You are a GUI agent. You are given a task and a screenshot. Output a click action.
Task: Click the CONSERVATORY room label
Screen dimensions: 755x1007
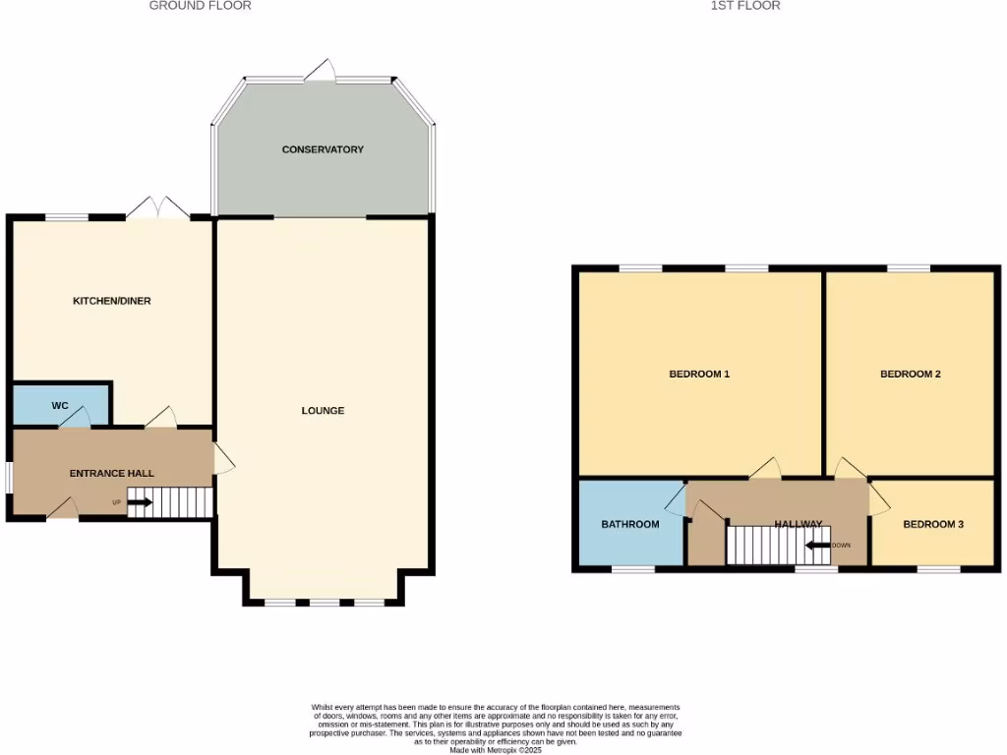tap(323, 149)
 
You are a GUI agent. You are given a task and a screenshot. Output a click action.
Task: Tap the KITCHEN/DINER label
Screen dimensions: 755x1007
tap(112, 301)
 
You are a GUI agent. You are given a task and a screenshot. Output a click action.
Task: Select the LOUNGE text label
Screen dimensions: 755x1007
tap(323, 410)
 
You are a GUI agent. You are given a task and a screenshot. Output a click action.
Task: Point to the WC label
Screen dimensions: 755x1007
tap(60, 405)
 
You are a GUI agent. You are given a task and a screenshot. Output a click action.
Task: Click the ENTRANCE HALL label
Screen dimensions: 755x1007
tap(112, 473)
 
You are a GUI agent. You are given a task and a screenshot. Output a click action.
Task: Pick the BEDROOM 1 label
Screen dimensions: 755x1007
tap(699, 374)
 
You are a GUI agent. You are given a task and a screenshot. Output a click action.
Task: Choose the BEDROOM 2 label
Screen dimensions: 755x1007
tap(911, 374)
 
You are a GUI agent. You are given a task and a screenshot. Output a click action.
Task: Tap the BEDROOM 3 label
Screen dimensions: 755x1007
tap(933, 524)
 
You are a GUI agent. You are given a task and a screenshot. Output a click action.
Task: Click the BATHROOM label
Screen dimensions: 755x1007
tap(630, 524)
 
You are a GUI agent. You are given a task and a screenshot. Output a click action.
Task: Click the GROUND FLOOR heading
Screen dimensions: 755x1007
tap(200, 6)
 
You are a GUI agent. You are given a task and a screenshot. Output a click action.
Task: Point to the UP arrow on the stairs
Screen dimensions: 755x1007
tap(139, 503)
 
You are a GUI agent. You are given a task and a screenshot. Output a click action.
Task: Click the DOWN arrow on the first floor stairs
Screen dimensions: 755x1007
tap(818, 546)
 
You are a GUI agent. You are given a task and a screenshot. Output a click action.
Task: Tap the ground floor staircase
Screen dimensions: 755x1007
tap(183, 501)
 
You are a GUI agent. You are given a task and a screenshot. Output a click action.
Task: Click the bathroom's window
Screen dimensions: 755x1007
tap(633, 568)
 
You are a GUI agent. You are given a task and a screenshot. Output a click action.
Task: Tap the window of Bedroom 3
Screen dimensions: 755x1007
tap(938, 568)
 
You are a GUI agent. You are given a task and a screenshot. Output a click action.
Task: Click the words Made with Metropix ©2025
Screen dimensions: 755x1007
tap(496, 749)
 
